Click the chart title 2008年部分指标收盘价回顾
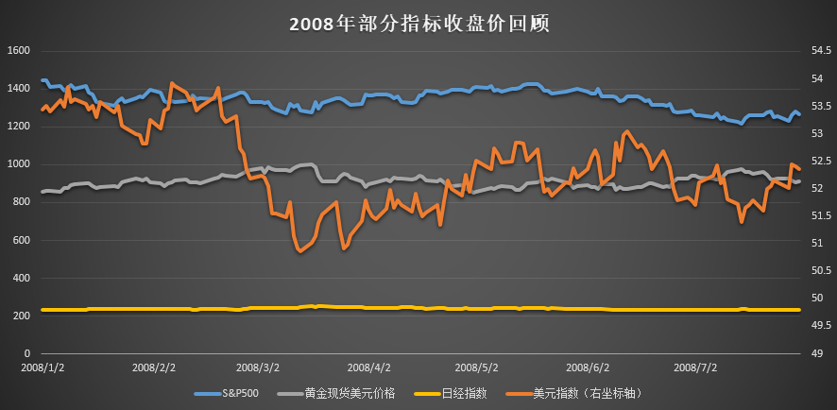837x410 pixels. (x=418, y=23)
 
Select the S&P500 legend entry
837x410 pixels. (x=241, y=392)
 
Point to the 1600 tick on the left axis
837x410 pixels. (x=20, y=50)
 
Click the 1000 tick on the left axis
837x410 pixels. (x=20, y=164)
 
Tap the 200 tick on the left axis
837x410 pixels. (x=22, y=316)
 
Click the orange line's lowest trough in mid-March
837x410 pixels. (x=300, y=251)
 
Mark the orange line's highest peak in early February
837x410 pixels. (x=171, y=83)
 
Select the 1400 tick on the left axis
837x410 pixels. (x=20, y=88)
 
